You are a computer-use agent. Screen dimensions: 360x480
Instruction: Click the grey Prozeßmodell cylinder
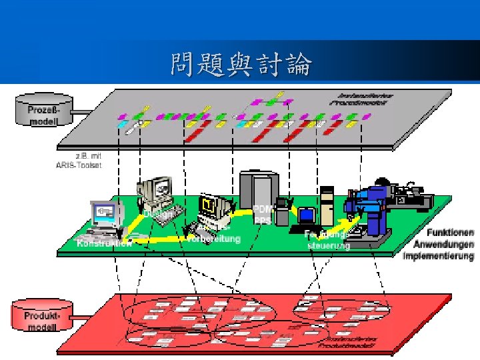(x=42, y=111)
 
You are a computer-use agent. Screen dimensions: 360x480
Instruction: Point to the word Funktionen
(x=450, y=233)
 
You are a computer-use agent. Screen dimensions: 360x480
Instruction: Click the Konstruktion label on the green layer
(x=104, y=243)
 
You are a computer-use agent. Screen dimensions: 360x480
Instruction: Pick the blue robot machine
(x=373, y=207)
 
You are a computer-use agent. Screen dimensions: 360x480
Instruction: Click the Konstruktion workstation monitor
(x=107, y=213)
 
